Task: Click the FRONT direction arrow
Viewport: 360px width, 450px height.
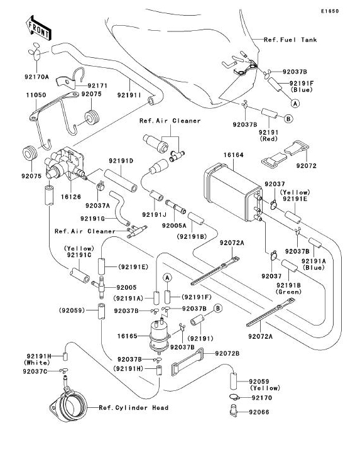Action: (38, 28)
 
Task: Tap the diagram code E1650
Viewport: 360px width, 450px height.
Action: (330, 11)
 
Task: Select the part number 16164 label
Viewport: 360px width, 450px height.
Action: (234, 155)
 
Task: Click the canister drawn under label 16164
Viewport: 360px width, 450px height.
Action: (233, 192)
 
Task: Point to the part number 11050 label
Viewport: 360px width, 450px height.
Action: (36, 95)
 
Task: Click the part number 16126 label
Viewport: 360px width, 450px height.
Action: (71, 197)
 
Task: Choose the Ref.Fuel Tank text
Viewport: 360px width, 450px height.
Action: (290, 40)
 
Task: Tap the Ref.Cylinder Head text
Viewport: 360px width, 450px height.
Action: (134, 407)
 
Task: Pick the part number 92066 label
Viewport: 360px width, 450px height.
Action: (259, 412)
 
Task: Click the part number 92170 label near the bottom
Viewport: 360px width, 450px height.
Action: (262, 398)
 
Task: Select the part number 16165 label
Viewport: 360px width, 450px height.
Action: (128, 336)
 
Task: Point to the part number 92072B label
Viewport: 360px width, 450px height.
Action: (227, 353)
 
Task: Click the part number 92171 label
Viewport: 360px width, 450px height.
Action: (97, 85)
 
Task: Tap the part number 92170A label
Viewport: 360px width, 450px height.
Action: (36, 77)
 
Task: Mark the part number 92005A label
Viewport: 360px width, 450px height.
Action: (174, 226)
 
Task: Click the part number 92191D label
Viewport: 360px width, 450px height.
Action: (121, 161)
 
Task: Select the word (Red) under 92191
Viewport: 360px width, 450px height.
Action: (269, 139)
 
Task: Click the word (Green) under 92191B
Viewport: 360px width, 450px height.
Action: (288, 292)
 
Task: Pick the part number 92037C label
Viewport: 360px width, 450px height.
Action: (35, 371)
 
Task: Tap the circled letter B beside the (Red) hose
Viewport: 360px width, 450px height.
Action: (288, 118)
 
